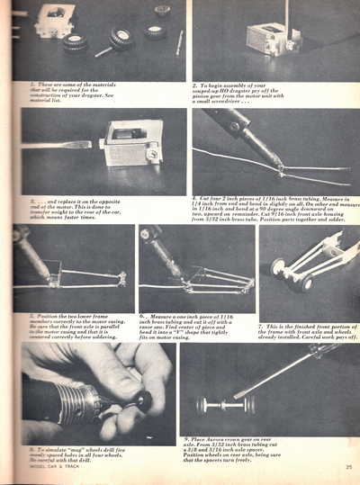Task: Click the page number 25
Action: (x=346, y=467)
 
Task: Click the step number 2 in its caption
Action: (x=195, y=85)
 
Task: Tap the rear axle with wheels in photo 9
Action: (x=220, y=404)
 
